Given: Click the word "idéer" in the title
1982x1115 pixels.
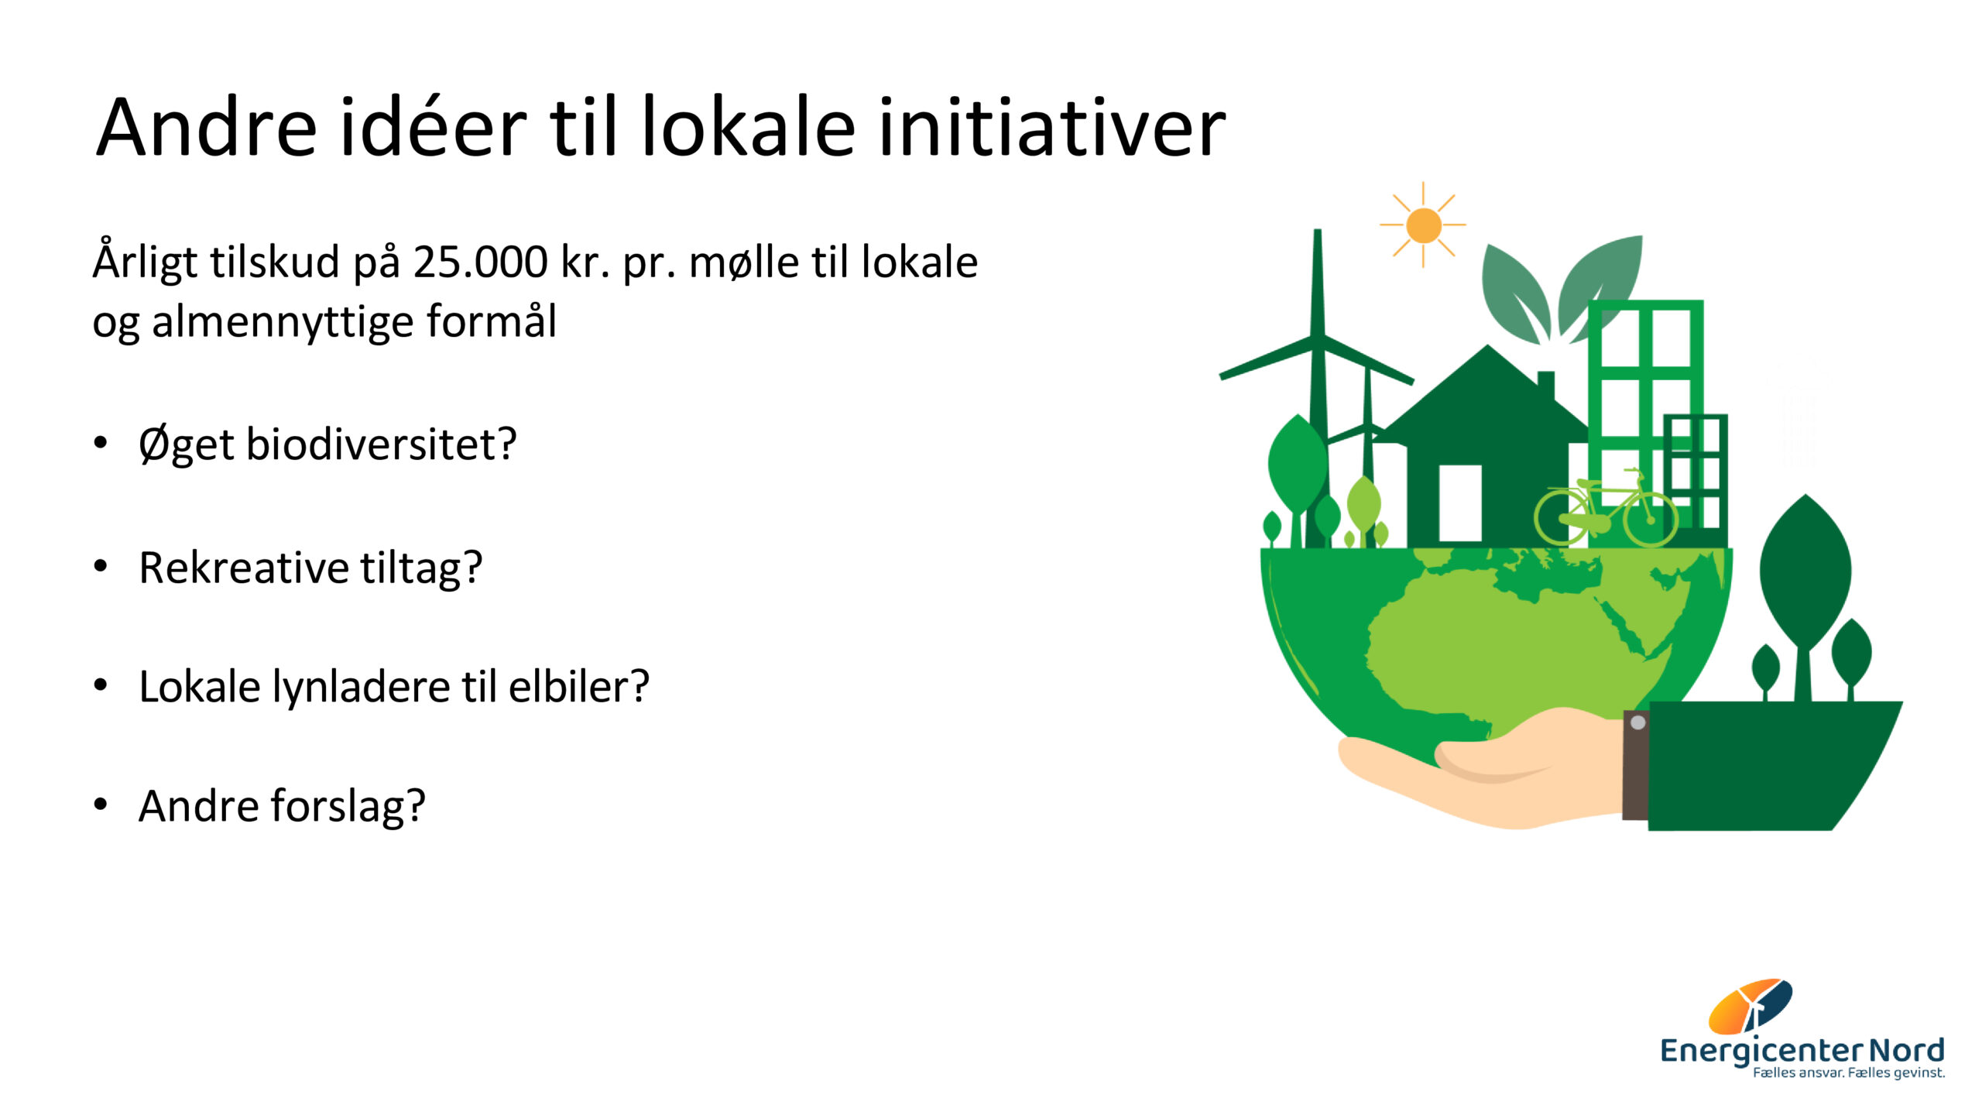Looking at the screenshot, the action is pos(434,126).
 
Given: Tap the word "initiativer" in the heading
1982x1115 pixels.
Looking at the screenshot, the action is pos(1051,126).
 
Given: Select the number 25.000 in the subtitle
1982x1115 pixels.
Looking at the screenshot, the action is pos(480,262).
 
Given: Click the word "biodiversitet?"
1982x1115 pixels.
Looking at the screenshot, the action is pos(381,444).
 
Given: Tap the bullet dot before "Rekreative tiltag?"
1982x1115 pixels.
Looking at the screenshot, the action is pos(100,566).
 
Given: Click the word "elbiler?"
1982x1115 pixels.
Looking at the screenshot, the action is pos(579,686).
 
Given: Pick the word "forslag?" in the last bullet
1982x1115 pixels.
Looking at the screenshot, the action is pos(348,806).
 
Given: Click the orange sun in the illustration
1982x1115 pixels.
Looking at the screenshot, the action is pos(1423,225).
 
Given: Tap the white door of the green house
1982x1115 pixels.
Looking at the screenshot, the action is pos(1460,503).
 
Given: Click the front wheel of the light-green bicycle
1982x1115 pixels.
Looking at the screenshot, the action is pos(1651,520).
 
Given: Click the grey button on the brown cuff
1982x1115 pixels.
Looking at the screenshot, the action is pos(1637,722).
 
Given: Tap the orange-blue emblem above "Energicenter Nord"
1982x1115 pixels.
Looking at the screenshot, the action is pos(1750,1006).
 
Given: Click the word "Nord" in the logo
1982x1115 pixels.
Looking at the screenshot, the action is pos(1906,1051).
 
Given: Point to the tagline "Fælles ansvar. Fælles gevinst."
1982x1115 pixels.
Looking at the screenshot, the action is pos(1849,1073).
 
